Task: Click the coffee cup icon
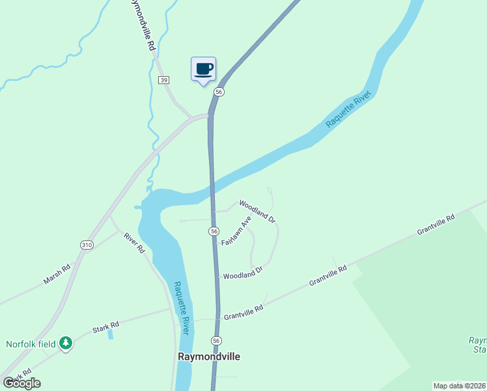pos(203,68)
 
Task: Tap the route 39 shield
pos(163,80)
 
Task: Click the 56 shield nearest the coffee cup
pos(219,92)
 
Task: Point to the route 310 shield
pos(87,244)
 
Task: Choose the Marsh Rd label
pos(57,274)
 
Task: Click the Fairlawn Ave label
pos(236,231)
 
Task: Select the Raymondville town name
pos(209,357)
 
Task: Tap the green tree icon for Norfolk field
pos(65,343)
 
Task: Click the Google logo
pos(22,383)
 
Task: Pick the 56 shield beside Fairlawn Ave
pos(214,231)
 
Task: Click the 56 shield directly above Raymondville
pos(216,341)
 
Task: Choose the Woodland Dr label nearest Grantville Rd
pos(242,273)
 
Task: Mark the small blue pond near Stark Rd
pos(110,334)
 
